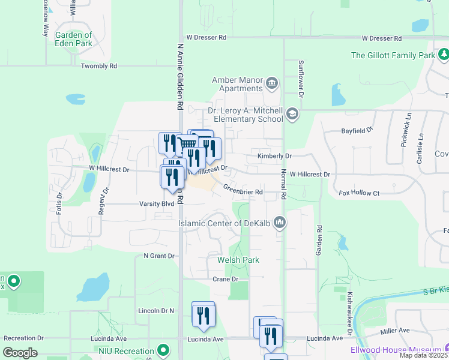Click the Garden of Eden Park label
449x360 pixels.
(x=74, y=39)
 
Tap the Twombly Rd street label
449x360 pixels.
(x=99, y=66)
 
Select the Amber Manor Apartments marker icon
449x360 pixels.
(x=272, y=82)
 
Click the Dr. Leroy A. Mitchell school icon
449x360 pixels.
(x=292, y=114)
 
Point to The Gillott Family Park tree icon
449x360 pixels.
(x=444, y=55)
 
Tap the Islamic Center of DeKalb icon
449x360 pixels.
(x=279, y=223)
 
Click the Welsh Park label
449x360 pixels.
(x=238, y=260)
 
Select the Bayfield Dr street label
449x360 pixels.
(x=357, y=130)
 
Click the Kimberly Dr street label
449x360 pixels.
(x=274, y=156)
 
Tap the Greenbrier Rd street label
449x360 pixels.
(x=243, y=191)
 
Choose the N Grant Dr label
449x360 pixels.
(x=158, y=256)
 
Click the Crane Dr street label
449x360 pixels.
(x=226, y=279)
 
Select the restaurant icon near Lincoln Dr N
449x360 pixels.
(x=203, y=315)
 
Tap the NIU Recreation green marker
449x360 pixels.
(x=163, y=350)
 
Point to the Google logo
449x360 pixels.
(x=20, y=352)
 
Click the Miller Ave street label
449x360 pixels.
(x=395, y=331)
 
